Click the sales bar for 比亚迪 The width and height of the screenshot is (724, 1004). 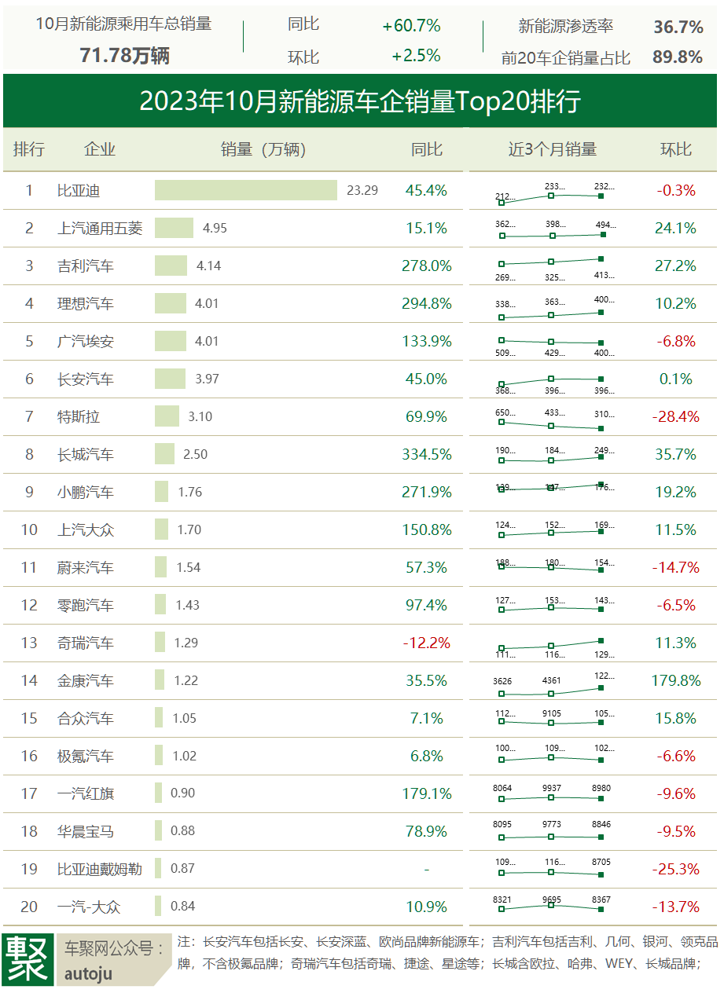(x=245, y=190)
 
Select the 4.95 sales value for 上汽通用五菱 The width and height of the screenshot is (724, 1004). (x=215, y=228)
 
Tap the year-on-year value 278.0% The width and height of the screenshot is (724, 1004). (x=427, y=266)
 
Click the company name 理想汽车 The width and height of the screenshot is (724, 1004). (x=86, y=303)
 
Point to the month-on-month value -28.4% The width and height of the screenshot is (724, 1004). (x=675, y=416)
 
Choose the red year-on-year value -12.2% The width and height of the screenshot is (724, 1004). (x=427, y=643)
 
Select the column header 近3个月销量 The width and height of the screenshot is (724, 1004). (x=552, y=149)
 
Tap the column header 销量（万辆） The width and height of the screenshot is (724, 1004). (x=263, y=149)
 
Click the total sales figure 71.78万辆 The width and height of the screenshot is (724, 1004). (x=124, y=56)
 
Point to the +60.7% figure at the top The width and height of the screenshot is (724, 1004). (x=411, y=26)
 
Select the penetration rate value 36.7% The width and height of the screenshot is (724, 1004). (x=678, y=27)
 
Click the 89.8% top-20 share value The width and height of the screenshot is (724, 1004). (x=678, y=57)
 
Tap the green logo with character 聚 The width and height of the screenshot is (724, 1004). (x=28, y=958)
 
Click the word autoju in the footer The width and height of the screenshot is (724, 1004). (x=88, y=974)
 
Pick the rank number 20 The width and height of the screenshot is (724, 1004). (x=29, y=907)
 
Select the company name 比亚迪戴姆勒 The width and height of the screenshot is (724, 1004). (x=100, y=869)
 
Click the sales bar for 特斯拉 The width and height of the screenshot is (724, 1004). (x=167, y=416)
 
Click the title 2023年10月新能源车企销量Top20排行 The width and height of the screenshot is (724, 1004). (x=360, y=101)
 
